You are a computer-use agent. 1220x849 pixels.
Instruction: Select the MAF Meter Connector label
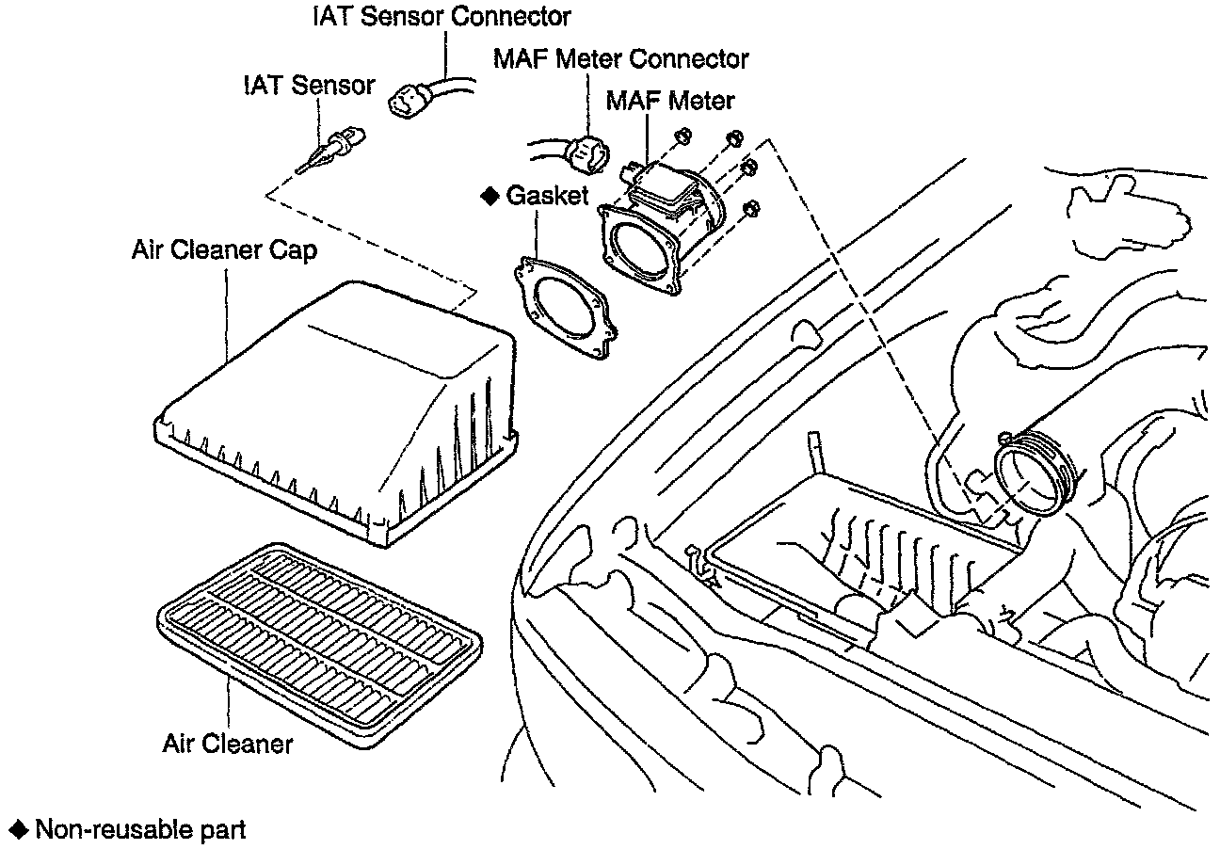click(621, 59)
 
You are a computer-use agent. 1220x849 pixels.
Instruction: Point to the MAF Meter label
click(670, 100)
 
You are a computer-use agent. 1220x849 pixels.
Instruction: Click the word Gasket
click(547, 196)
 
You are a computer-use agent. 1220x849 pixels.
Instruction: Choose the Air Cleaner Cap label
click(224, 251)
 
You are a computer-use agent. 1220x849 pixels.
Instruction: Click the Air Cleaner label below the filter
click(228, 744)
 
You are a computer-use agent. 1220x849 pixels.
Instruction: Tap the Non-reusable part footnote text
click(140, 830)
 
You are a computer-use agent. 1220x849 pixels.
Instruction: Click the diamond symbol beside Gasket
click(490, 196)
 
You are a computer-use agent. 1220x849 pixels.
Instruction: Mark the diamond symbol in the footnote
click(19, 830)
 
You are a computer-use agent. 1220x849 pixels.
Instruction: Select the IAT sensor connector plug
click(411, 99)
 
